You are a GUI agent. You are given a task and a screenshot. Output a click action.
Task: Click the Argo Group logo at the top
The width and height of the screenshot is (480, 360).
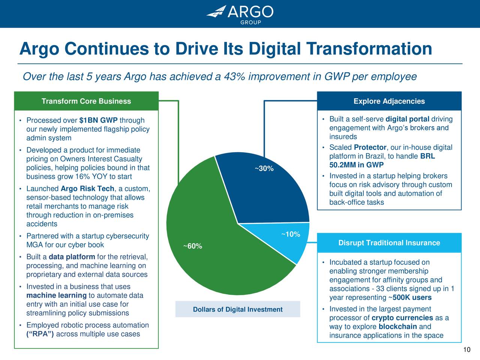click(240, 14)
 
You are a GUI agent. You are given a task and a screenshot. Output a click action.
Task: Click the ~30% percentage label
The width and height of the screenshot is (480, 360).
click(264, 169)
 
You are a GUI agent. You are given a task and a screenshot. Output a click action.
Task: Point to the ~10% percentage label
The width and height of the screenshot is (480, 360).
click(291, 234)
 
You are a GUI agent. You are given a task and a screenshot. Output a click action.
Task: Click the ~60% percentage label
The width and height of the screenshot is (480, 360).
click(193, 246)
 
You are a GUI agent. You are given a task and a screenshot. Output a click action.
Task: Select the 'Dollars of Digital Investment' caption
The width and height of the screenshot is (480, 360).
click(238, 309)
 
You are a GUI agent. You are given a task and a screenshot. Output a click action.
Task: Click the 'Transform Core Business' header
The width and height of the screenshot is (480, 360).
click(86, 101)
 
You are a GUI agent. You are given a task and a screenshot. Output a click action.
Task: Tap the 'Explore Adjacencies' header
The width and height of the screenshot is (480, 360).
click(389, 101)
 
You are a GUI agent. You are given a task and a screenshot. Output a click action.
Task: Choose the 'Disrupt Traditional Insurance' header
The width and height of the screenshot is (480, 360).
click(389, 243)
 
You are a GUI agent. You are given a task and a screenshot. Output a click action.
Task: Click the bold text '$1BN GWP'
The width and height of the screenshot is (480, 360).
click(98, 120)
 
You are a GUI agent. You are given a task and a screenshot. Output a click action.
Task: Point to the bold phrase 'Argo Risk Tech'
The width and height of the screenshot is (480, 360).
click(87, 189)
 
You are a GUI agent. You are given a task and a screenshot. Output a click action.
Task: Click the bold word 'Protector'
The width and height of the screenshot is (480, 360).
click(370, 147)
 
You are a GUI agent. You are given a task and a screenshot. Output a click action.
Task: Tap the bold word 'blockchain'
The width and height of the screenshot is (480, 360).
click(397, 327)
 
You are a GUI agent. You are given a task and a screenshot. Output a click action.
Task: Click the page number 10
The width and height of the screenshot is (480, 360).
click(466, 350)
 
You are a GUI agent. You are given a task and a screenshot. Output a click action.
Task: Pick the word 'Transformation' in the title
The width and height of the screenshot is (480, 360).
click(369, 49)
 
